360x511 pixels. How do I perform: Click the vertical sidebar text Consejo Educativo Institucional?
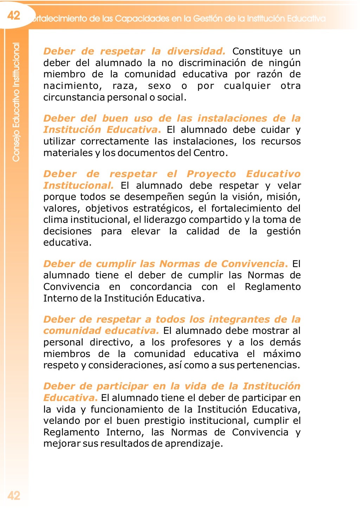(16, 102)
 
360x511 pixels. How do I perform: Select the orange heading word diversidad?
(196, 51)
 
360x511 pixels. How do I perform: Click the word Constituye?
(257, 51)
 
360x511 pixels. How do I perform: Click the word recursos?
(281, 141)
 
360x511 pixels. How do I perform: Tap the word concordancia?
(161, 287)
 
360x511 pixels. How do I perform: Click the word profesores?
(195, 342)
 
